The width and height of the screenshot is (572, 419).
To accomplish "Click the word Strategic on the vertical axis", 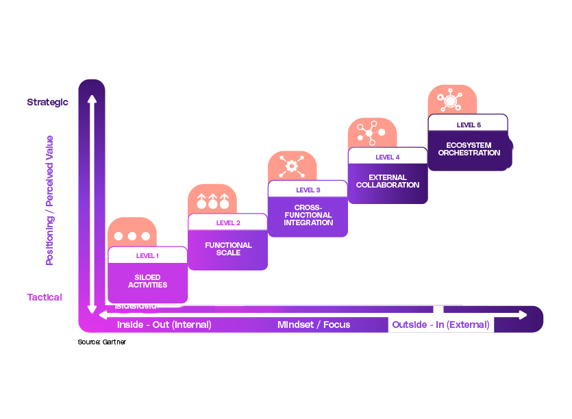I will click(47, 102).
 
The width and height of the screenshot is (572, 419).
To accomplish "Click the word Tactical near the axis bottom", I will click(45, 297).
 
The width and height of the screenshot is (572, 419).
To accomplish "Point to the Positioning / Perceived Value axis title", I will click(49, 200).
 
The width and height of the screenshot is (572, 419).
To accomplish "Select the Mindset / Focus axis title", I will click(313, 325).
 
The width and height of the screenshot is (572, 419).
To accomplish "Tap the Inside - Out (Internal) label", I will click(164, 325).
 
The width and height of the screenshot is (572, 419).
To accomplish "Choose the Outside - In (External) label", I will click(440, 325).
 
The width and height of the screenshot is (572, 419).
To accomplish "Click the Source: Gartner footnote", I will click(101, 342).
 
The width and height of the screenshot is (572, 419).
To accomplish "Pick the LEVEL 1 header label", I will click(147, 256).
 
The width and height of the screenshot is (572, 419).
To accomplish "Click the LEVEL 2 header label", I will click(227, 223).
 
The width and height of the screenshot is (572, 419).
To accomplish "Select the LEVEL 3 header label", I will click(308, 190).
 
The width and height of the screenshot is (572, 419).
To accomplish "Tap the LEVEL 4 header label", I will click(388, 157).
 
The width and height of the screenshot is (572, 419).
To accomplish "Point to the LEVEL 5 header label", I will click(469, 125).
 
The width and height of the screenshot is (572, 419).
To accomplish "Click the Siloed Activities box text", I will click(147, 281).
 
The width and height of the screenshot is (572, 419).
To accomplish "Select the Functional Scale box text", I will click(228, 249).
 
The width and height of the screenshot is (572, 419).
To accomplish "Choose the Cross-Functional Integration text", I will click(308, 215).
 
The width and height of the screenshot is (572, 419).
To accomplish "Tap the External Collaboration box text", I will click(388, 181).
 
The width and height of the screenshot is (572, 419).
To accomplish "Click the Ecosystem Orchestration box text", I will click(469, 149).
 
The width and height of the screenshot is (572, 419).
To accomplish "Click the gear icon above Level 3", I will click(292, 165).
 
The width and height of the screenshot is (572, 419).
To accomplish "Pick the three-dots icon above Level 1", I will click(132, 236).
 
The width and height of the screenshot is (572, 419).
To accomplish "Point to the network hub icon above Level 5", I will click(451, 100).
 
